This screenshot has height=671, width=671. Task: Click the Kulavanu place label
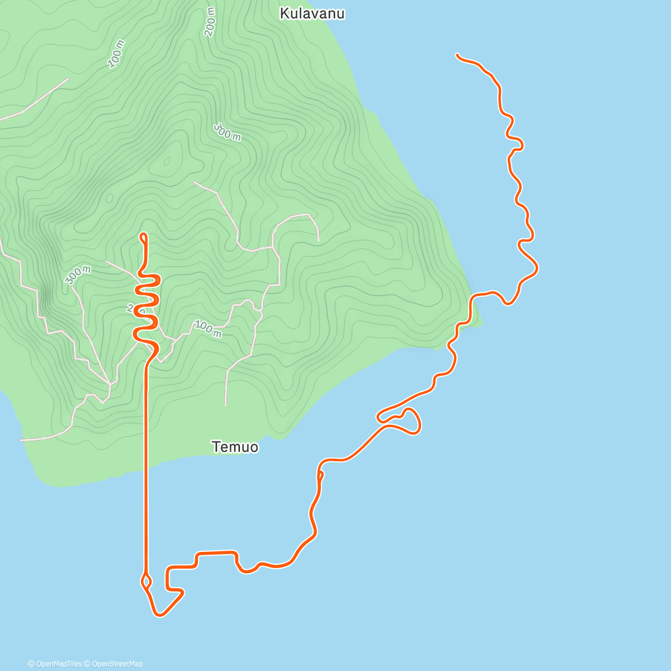(x=312, y=13)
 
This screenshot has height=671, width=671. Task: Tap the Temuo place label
(x=235, y=447)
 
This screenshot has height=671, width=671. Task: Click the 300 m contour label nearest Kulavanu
(x=227, y=133)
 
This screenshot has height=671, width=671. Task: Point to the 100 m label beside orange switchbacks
(x=208, y=329)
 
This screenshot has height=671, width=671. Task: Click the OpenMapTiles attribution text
(x=55, y=664)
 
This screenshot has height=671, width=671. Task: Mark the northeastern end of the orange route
(x=457, y=55)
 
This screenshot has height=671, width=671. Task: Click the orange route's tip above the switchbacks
(x=144, y=235)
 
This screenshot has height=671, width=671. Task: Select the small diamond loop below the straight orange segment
(x=147, y=580)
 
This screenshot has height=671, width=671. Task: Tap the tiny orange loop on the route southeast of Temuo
(x=320, y=476)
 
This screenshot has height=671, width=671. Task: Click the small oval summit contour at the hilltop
(x=167, y=162)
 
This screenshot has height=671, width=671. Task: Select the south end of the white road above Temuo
(x=225, y=404)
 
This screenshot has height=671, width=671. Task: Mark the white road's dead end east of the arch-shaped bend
(x=318, y=240)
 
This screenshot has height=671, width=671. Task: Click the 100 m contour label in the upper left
(x=116, y=54)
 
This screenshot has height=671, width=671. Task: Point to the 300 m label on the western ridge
(x=78, y=275)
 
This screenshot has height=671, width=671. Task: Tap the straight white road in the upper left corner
(x=34, y=100)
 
